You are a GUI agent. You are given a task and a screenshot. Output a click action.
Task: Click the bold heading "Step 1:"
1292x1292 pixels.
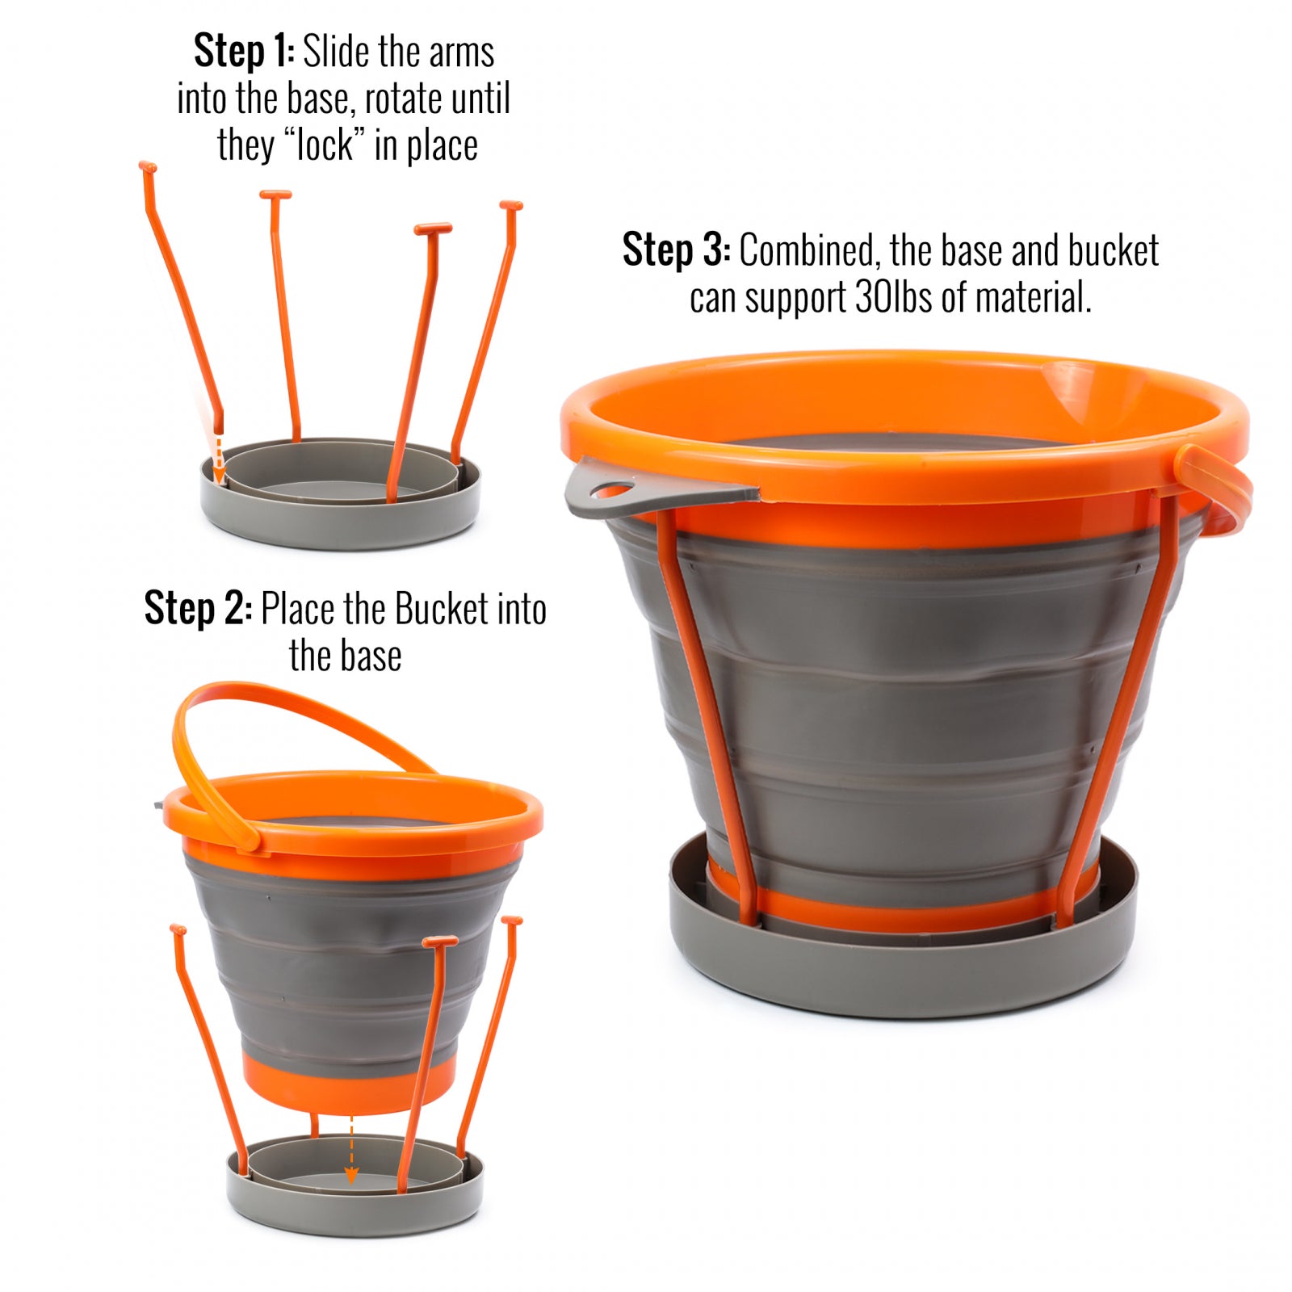pyautogui.click(x=244, y=52)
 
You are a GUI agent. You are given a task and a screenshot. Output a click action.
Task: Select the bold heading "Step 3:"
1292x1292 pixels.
pyautogui.click(x=677, y=250)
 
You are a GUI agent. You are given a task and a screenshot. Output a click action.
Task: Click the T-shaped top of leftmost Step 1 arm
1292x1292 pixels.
pyautogui.click(x=147, y=167)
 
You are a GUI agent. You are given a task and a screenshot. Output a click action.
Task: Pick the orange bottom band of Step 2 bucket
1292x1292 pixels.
pyautogui.click(x=349, y=1082)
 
